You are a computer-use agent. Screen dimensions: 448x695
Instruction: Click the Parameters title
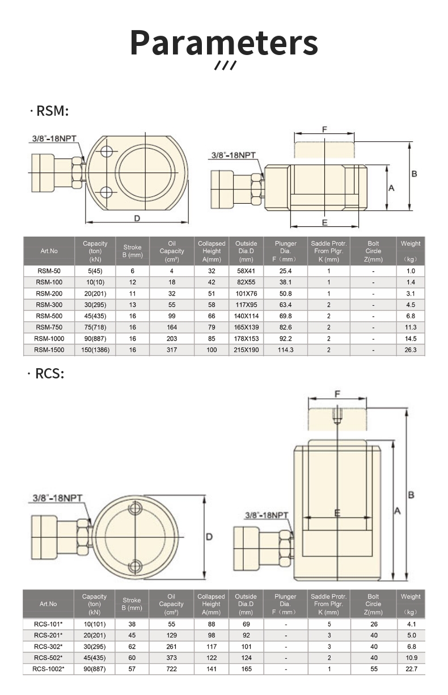224,43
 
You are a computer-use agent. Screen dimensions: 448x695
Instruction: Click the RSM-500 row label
49,316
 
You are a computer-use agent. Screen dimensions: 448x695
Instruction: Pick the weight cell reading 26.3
411,350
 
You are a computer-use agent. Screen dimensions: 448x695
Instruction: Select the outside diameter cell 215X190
246,350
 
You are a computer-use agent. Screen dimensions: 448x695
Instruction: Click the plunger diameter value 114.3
285,350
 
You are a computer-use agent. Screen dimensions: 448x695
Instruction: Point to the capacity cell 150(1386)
95,350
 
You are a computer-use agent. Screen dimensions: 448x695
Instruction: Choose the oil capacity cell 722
171,669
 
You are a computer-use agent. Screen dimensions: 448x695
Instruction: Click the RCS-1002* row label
48,669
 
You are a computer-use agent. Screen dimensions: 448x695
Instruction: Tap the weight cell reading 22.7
411,669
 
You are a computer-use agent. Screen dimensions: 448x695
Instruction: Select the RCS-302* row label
48,647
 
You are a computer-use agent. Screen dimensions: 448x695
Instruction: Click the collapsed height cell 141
212,669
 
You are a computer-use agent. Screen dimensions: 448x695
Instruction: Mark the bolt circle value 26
373,624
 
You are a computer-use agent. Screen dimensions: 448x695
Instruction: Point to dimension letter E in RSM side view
324,222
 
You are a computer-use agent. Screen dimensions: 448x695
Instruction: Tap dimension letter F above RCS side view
337,394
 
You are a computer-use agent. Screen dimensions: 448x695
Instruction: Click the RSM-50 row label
49,271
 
